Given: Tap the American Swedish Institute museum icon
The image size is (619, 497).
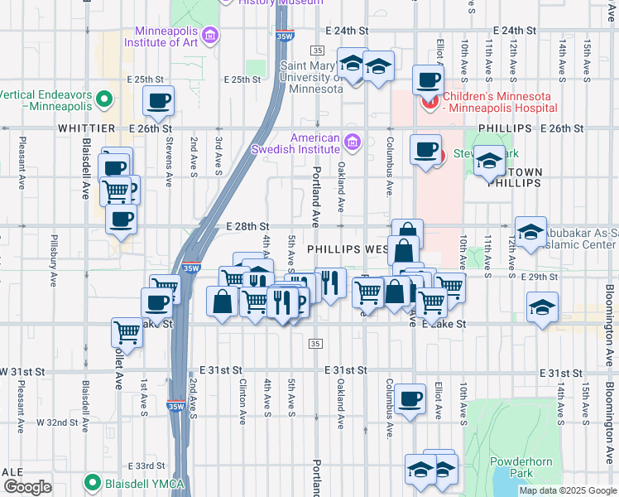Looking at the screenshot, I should pos(353,142).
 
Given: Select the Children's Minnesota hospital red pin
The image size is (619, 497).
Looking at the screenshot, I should pos(429,102).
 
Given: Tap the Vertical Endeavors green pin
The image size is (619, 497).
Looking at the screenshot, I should pos(104,100).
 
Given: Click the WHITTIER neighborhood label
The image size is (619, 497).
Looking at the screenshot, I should pos(86,129).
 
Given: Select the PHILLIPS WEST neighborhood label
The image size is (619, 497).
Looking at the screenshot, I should pos(348,248).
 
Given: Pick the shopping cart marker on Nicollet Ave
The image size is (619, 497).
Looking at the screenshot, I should pos(127,333).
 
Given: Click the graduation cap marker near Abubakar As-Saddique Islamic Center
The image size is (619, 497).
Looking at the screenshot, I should pos(530,231).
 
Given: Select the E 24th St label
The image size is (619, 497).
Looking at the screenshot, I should pos(348,30).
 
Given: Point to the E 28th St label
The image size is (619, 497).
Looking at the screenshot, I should pos(247,225).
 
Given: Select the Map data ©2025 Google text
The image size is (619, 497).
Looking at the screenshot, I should pos(567,490).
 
